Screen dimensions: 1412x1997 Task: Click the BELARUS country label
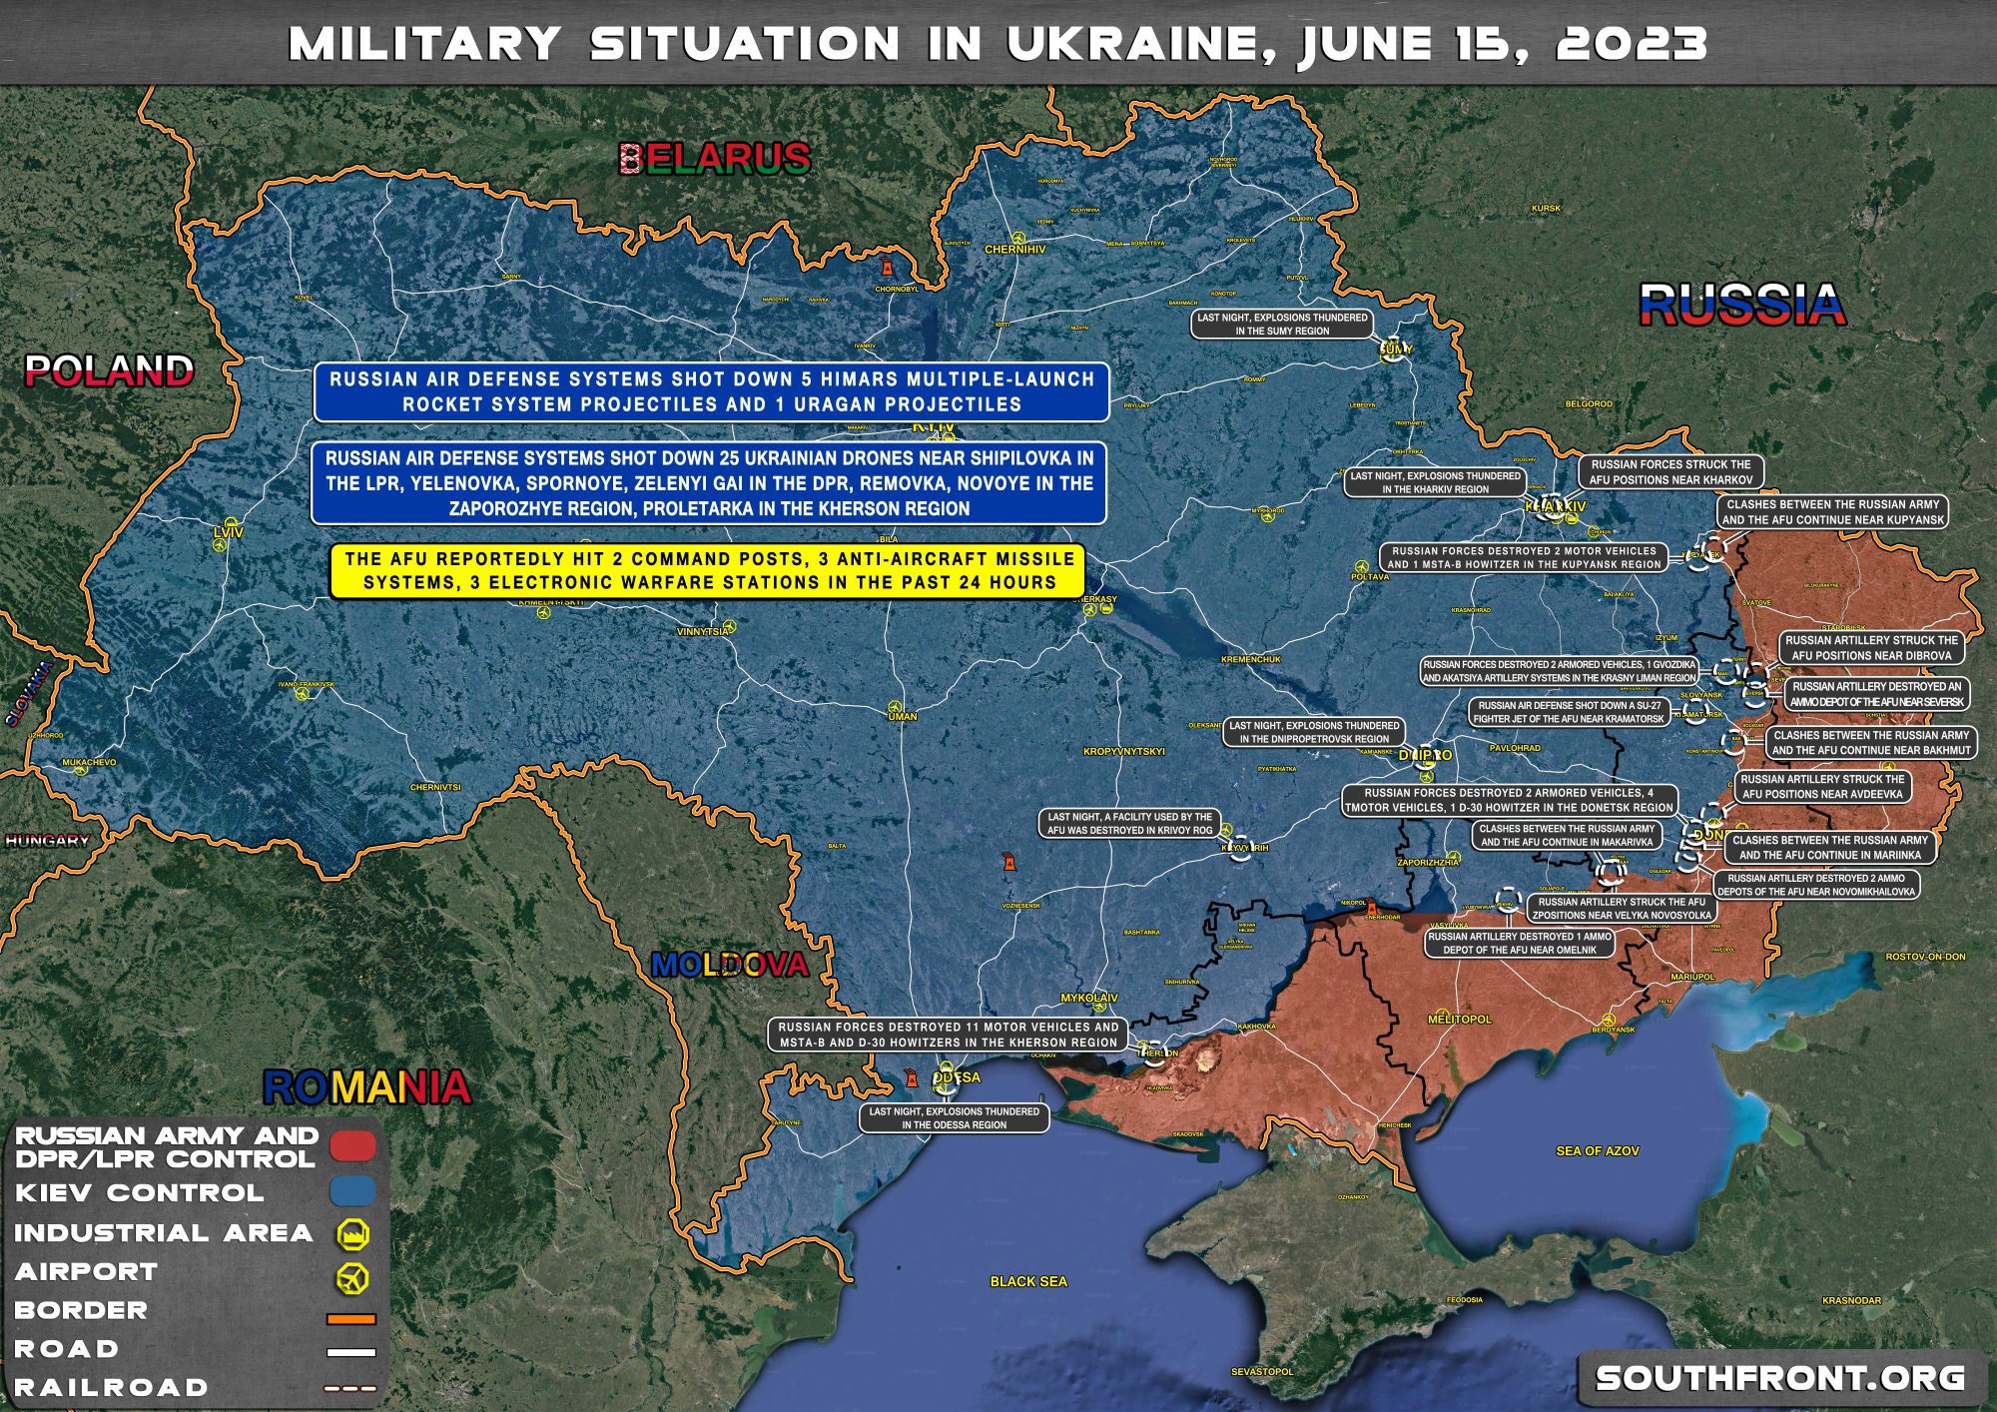(x=715, y=159)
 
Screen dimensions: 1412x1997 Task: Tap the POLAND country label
(x=109, y=371)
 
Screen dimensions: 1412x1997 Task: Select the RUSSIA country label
(x=1741, y=305)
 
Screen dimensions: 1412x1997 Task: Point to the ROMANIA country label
(x=366, y=1087)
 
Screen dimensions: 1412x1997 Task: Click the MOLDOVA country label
(x=729, y=965)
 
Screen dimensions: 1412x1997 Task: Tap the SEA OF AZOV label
(x=1597, y=1151)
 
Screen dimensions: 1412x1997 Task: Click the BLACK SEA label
(x=1028, y=1281)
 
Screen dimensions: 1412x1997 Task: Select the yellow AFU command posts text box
(x=709, y=571)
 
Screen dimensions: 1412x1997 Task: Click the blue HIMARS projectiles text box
(x=711, y=391)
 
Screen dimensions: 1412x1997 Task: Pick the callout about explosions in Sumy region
(x=1282, y=324)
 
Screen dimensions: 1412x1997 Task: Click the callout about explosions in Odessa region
(x=954, y=1118)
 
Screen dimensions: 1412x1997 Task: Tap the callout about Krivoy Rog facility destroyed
(x=1129, y=823)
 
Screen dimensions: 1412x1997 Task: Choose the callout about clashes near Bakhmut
(x=1871, y=742)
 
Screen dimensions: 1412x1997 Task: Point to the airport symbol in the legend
(x=352, y=1275)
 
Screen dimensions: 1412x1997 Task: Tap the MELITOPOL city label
(x=1460, y=1020)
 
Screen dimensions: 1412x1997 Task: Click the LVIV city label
(x=228, y=533)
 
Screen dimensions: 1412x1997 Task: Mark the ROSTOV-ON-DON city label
(x=1925, y=957)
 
